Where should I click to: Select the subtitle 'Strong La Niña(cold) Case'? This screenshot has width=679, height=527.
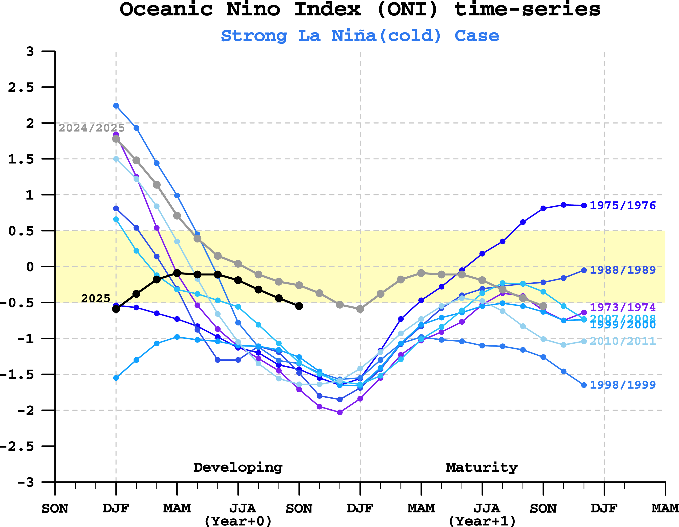click(x=360, y=36)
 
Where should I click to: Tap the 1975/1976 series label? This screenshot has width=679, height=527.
click(x=623, y=206)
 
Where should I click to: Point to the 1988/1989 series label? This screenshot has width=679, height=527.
click(x=623, y=270)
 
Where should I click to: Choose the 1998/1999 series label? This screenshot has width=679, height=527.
click(x=623, y=385)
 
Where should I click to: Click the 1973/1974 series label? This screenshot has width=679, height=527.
click(x=623, y=307)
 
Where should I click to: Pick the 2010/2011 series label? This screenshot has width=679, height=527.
click(x=623, y=341)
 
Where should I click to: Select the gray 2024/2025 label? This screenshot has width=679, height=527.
click(x=92, y=128)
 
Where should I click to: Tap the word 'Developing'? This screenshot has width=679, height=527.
click(x=238, y=468)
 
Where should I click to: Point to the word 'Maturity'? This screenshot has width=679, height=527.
click(x=482, y=468)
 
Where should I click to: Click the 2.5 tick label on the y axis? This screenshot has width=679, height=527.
click(x=21, y=87)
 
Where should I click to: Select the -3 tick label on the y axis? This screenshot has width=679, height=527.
click(x=26, y=482)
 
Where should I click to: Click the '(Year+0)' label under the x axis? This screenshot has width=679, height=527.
click(x=238, y=521)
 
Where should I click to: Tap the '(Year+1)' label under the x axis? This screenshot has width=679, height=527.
click(x=482, y=521)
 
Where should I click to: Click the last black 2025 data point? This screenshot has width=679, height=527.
click(x=299, y=306)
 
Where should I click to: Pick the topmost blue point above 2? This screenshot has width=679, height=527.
click(x=116, y=106)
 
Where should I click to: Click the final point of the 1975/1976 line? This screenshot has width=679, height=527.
click(x=584, y=206)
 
